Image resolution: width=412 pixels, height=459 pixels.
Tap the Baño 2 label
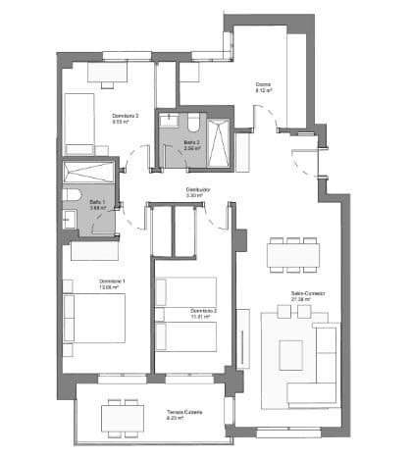point(191,141)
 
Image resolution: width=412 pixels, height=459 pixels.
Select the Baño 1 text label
point(97,201)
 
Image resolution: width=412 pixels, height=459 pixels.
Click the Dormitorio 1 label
point(110,281)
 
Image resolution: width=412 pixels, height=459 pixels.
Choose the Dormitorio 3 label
point(125,116)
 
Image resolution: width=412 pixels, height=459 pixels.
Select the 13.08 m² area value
point(110,288)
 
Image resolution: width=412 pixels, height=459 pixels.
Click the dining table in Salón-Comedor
point(294,254)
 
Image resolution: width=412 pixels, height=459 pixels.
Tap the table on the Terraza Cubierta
point(123,416)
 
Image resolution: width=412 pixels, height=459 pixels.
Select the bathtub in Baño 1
point(89,172)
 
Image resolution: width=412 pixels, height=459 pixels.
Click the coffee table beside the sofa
point(291,354)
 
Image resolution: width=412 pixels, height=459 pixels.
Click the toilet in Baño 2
point(194,125)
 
